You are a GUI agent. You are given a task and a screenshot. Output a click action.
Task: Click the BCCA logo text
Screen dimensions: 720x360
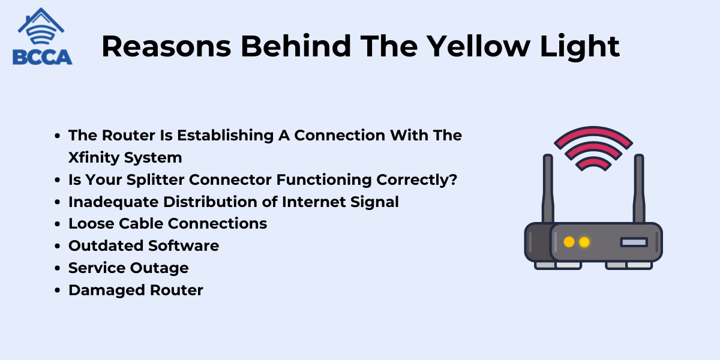pos(43,57)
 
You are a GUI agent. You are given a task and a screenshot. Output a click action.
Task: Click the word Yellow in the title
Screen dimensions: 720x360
pos(478,47)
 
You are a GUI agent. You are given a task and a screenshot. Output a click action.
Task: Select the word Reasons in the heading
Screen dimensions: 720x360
pos(166,47)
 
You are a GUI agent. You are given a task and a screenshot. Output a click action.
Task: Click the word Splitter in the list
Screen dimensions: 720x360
pos(155,179)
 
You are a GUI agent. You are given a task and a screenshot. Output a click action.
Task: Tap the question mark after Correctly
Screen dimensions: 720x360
pos(453,179)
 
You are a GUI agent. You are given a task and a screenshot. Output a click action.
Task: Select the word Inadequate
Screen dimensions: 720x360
pos(113,202)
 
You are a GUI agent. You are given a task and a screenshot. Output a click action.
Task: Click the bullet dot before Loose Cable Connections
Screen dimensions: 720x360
pos(58,224)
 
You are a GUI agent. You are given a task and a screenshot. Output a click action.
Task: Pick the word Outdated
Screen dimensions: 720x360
pos(106,246)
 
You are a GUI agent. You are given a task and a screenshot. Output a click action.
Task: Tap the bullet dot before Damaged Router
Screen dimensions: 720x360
pos(58,290)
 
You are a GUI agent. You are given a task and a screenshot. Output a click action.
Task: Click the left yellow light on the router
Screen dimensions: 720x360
pos(569,242)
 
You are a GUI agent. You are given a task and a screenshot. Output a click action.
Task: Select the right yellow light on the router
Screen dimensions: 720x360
pos(584,242)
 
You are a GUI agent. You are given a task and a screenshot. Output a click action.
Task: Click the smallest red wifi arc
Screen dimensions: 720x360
pos(593,161)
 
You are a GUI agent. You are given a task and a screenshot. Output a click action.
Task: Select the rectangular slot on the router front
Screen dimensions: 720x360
pos(634,242)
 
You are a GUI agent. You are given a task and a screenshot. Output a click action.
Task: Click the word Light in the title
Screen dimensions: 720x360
pos(580,47)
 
